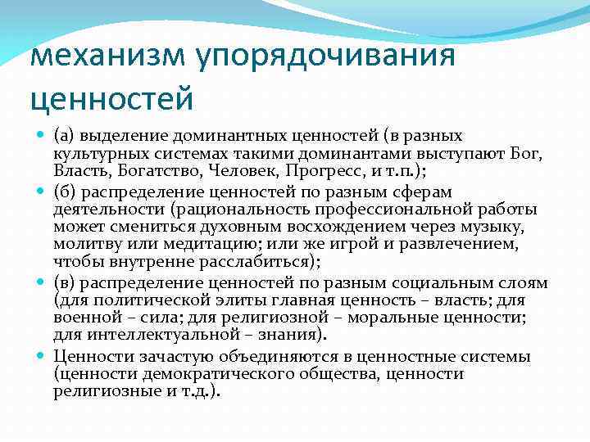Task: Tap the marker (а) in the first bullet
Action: [x=66, y=135]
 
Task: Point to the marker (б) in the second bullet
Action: [x=66, y=192]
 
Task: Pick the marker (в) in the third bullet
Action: [x=66, y=283]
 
